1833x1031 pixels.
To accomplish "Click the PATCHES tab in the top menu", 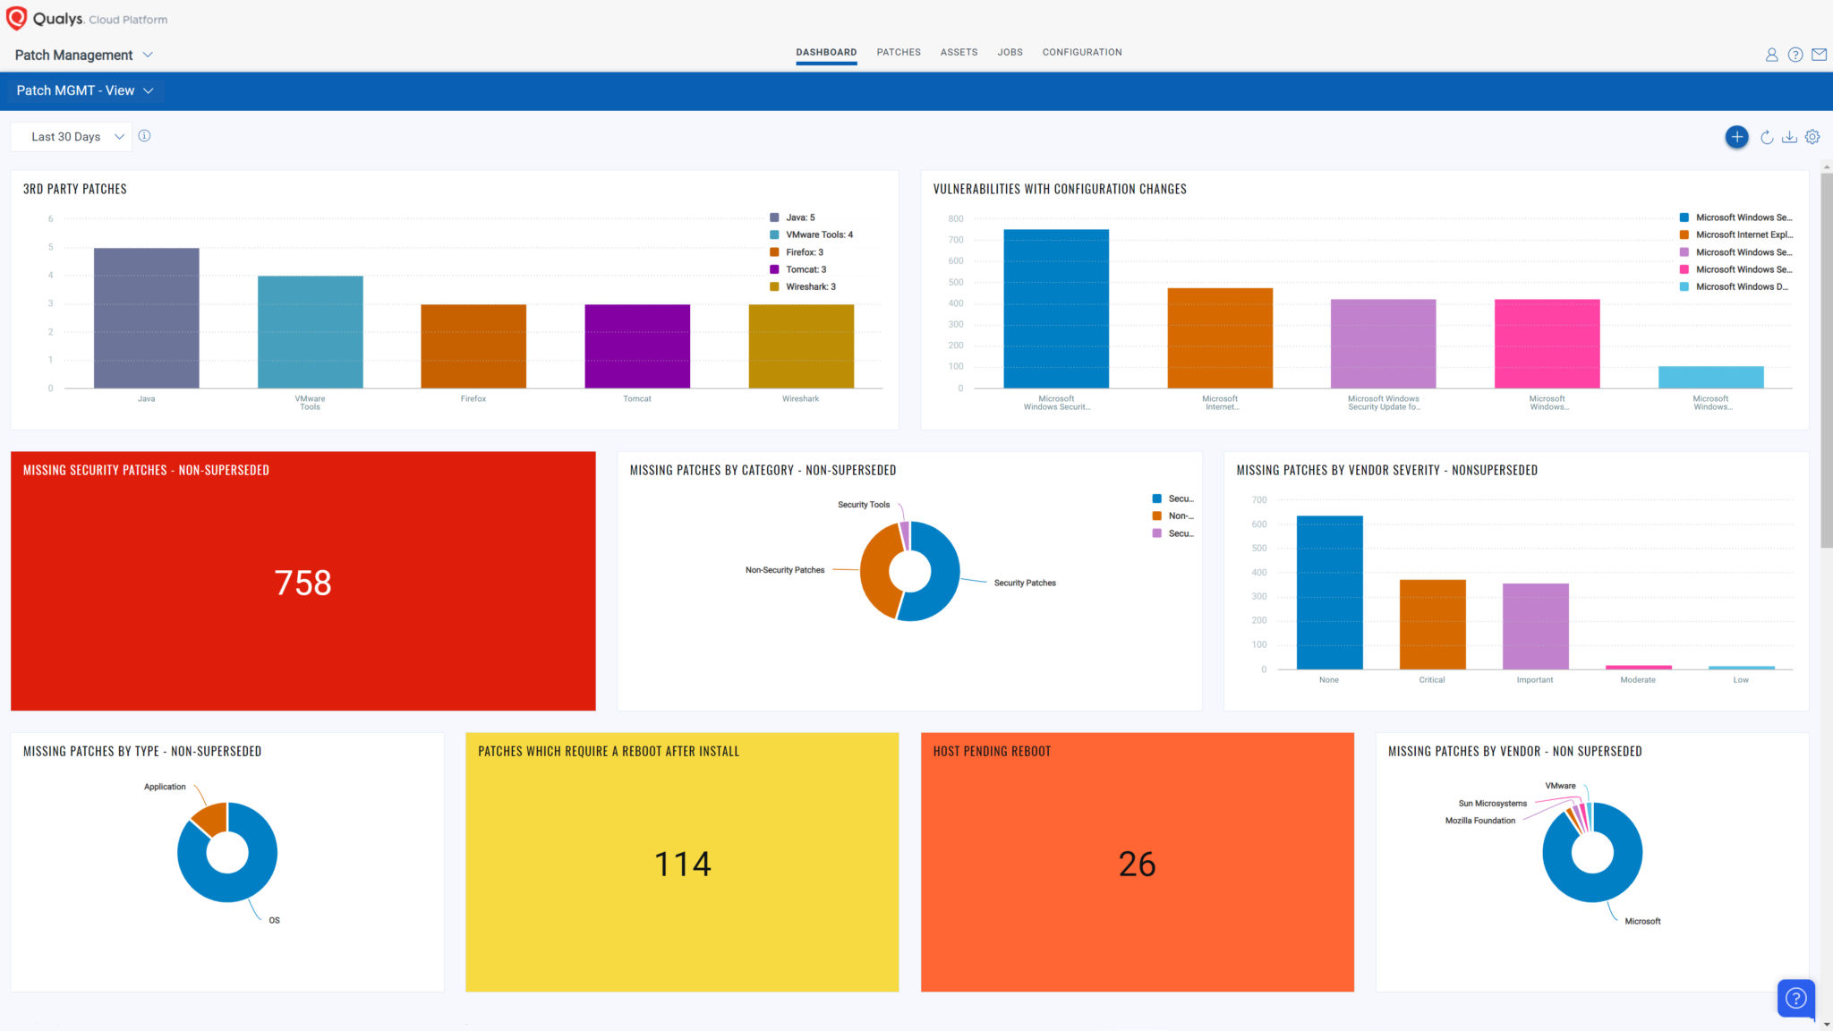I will pos(898,52).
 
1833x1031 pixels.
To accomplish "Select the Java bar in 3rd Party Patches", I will pos(146,318).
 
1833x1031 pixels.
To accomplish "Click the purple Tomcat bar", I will pos(636,345).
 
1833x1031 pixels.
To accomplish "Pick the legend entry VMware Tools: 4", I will pos(818,234).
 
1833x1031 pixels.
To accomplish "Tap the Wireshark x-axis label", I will pos(799,399).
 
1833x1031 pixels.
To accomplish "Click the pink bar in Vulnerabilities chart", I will pos(1547,344).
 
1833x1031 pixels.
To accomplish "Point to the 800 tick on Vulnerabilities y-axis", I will pos(955,218).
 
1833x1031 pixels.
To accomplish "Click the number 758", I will pos(303,583).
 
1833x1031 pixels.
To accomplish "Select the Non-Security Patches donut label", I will pos(784,570).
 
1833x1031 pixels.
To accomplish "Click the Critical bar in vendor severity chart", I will pos(1432,624).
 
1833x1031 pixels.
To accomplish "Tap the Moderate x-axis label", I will pos(1637,680).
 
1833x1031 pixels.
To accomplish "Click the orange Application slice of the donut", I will pos(211,817).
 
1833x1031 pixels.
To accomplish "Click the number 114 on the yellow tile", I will pos(682,864).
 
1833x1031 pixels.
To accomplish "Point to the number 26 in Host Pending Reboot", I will pos(1137,864).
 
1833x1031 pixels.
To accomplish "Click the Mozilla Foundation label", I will pos(1479,821).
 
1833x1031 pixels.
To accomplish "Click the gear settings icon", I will pos(1812,137).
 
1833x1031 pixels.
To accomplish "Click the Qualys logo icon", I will pos(16,18).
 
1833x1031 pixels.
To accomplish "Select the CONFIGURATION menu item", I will pos(1081,52).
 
